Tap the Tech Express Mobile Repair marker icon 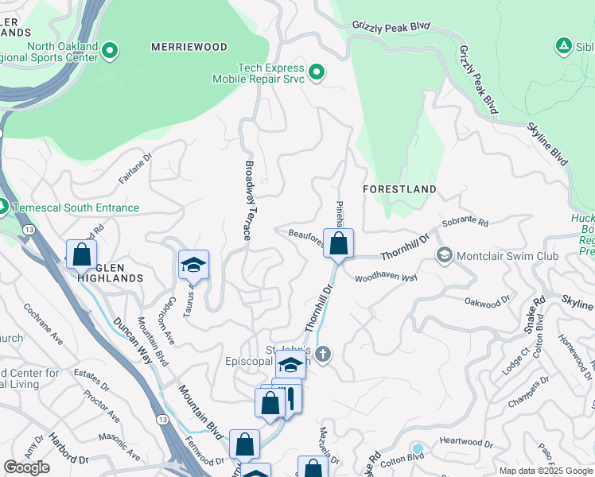(317, 74)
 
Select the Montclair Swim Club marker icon (444, 255)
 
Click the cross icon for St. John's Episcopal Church (322, 354)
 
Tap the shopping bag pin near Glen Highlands (81, 255)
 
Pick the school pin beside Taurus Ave (193, 265)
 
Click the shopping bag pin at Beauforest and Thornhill (338, 245)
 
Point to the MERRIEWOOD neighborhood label (189, 48)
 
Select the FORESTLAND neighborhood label (399, 189)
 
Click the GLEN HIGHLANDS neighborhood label (111, 272)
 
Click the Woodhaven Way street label (386, 278)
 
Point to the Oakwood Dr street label (487, 302)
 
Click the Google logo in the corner (26, 467)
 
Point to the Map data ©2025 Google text (546, 471)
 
